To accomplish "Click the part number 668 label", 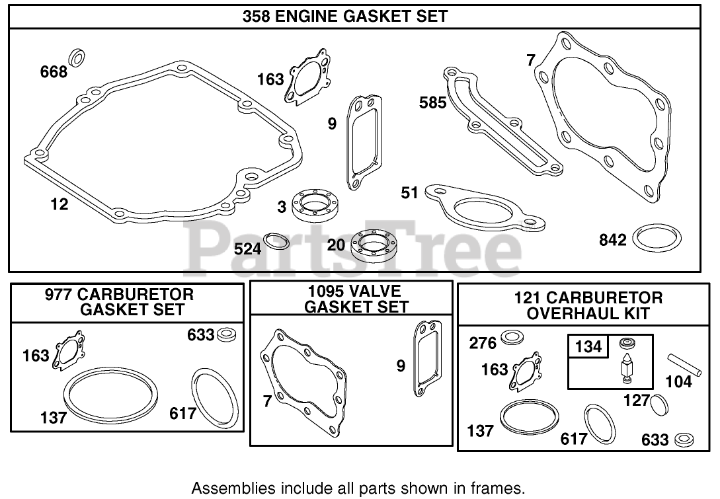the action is (x=54, y=71).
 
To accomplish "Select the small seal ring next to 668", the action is (x=78, y=58).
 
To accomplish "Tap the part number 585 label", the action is (x=433, y=102).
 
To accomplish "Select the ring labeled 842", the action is (x=656, y=238).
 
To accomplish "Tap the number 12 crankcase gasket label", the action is (x=59, y=204).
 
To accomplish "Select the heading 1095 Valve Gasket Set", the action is (x=351, y=299).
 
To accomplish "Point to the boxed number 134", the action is (x=588, y=346).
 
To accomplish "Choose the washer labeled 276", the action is (x=512, y=338).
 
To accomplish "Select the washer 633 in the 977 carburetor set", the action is (x=226, y=334).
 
